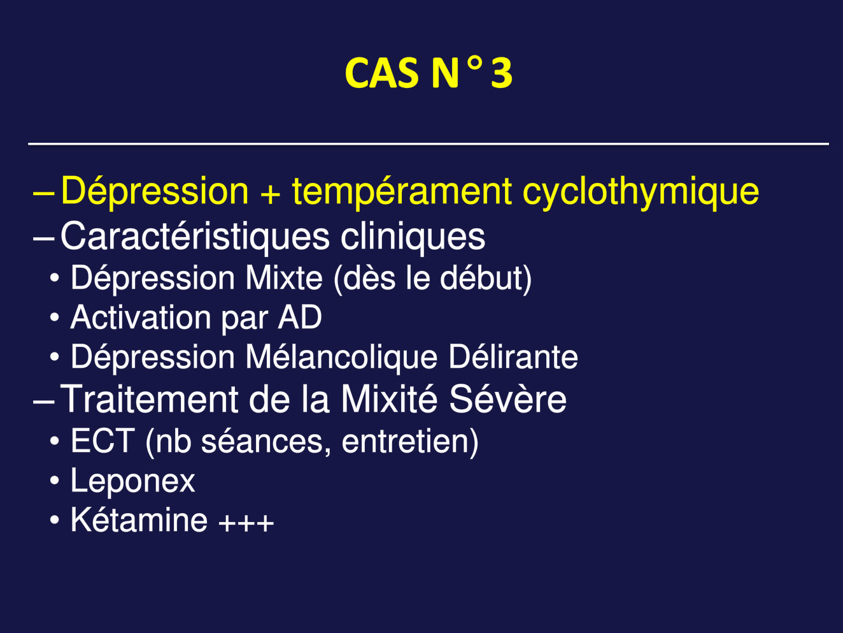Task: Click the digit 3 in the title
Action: (501, 73)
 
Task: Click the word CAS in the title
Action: (381, 73)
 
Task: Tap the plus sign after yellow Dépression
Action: (270, 194)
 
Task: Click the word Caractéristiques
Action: (195, 237)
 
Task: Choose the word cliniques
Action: (413, 237)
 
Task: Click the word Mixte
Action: (284, 277)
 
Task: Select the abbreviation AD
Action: (300, 317)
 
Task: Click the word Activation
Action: (141, 317)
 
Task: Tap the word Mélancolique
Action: (341, 357)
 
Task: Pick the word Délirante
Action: (513, 357)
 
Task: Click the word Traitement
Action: (149, 399)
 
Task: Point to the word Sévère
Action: (507, 399)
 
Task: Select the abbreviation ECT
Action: (102, 441)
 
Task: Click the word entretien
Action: (404, 441)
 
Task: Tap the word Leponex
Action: (132, 481)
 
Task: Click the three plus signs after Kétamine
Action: (246, 523)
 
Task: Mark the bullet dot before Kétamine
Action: (55, 520)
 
